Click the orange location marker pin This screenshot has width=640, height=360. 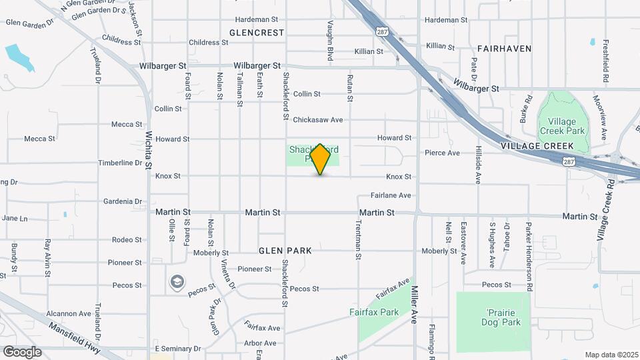pyautogui.click(x=321, y=159)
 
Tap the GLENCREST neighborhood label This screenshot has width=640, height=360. pyautogui.click(x=257, y=32)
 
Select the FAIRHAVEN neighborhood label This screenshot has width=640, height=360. pyautogui.click(x=505, y=49)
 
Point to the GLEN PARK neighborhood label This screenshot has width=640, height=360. pyautogui.click(x=285, y=251)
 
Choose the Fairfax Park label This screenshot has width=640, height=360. pyautogui.click(x=374, y=311)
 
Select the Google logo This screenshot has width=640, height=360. pyautogui.click(x=22, y=351)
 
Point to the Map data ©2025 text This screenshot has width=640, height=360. pyautogui.click(x=611, y=355)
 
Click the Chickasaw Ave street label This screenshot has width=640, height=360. pyautogui.click(x=317, y=120)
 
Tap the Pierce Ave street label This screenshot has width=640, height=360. pyautogui.click(x=443, y=153)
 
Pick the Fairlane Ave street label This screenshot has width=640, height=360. pyautogui.click(x=391, y=195)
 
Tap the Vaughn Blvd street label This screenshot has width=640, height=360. pyautogui.click(x=330, y=41)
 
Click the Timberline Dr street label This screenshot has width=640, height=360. pyautogui.click(x=121, y=163)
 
